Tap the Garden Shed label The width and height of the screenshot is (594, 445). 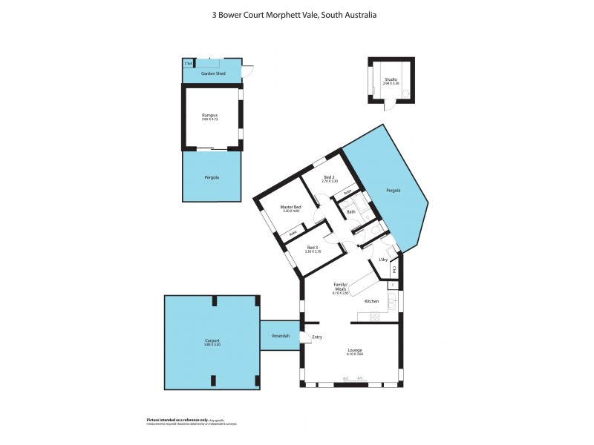point(212,74)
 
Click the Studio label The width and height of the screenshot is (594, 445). point(391,79)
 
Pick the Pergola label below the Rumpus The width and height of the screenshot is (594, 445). point(212,178)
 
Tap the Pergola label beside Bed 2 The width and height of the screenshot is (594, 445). point(394,191)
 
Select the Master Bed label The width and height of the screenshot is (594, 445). point(290,207)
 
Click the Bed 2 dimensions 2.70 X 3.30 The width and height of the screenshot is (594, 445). point(330,182)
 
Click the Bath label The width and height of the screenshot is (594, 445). point(350,212)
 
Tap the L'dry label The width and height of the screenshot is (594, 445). point(384,259)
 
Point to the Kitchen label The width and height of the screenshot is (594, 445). point(372,301)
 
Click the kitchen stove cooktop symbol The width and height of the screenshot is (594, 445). point(375,317)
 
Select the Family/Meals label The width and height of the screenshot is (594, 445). point(341,287)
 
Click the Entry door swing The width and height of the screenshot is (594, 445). point(305,339)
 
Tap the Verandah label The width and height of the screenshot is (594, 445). point(279,336)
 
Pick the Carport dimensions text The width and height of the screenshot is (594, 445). point(212,345)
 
